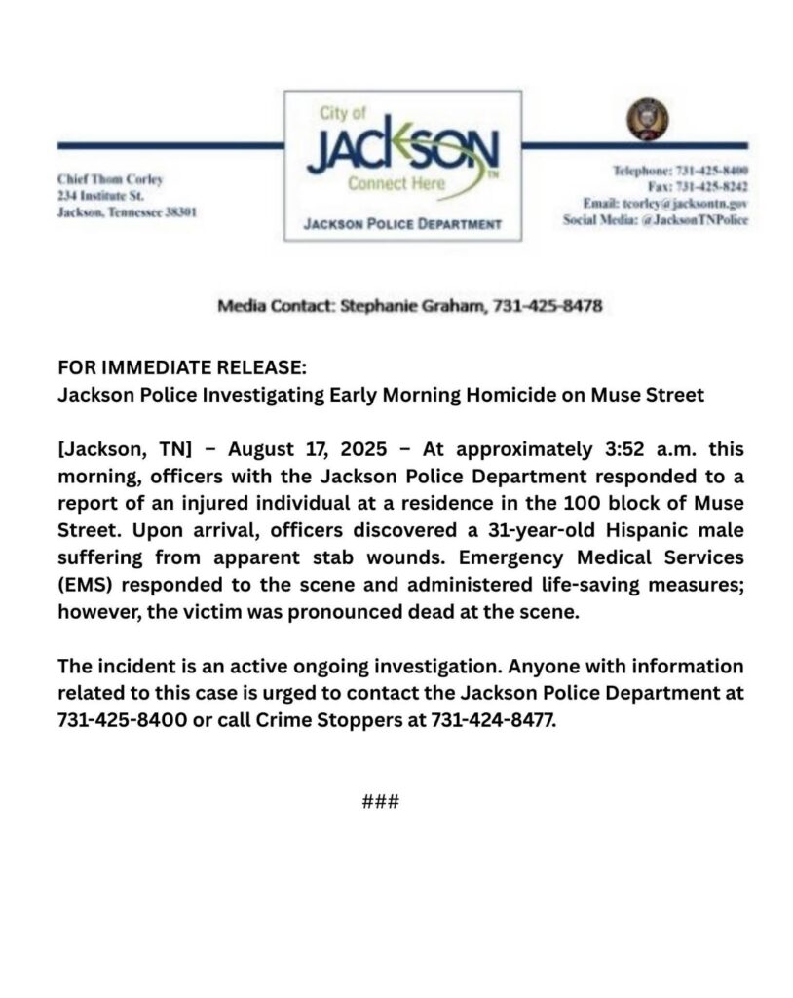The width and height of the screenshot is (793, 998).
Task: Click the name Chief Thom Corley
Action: tap(110, 179)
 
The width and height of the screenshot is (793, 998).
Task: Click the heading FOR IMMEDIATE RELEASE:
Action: tap(182, 370)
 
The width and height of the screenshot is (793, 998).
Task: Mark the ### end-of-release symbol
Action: tap(380, 803)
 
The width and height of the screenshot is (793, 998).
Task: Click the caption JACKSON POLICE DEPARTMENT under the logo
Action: tap(402, 224)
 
